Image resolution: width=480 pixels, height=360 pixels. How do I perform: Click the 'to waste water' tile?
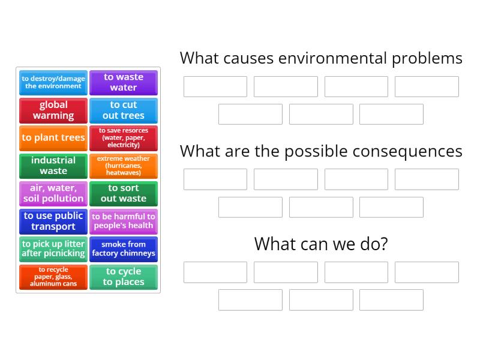tap(123, 82)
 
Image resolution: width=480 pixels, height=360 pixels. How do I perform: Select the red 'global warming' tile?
tap(53, 110)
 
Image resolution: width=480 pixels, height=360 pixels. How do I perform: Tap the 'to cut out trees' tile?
tap(123, 110)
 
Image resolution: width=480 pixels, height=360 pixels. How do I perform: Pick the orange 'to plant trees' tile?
tap(53, 138)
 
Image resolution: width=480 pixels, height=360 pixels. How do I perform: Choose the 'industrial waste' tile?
tap(53, 166)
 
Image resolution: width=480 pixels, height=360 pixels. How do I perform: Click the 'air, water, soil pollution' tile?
tap(53, 193)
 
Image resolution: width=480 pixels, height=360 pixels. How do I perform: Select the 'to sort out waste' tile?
tap(123, 193)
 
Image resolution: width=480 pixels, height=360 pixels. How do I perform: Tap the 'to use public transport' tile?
tap(53, 221)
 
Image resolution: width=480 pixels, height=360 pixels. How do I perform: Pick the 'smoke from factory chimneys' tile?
tap(123, 249)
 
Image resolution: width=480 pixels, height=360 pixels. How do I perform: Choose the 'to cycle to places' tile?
tap(123, 277)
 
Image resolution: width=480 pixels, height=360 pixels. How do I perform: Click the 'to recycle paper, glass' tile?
tap(53, 277)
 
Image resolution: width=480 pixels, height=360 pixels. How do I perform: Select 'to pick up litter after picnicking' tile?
tap(53, 249)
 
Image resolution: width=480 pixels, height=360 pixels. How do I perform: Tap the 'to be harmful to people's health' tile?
tap(123, 221)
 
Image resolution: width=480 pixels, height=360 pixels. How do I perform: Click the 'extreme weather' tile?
tap(123, 166)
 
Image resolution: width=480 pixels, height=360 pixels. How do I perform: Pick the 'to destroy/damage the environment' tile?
tap(53, 82)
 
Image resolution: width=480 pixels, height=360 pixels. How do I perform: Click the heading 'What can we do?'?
tap(321, 244)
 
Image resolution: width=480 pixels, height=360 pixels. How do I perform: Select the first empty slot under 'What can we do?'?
tap(215, 272)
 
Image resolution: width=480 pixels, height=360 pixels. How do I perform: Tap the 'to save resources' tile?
tap(123, 138)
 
